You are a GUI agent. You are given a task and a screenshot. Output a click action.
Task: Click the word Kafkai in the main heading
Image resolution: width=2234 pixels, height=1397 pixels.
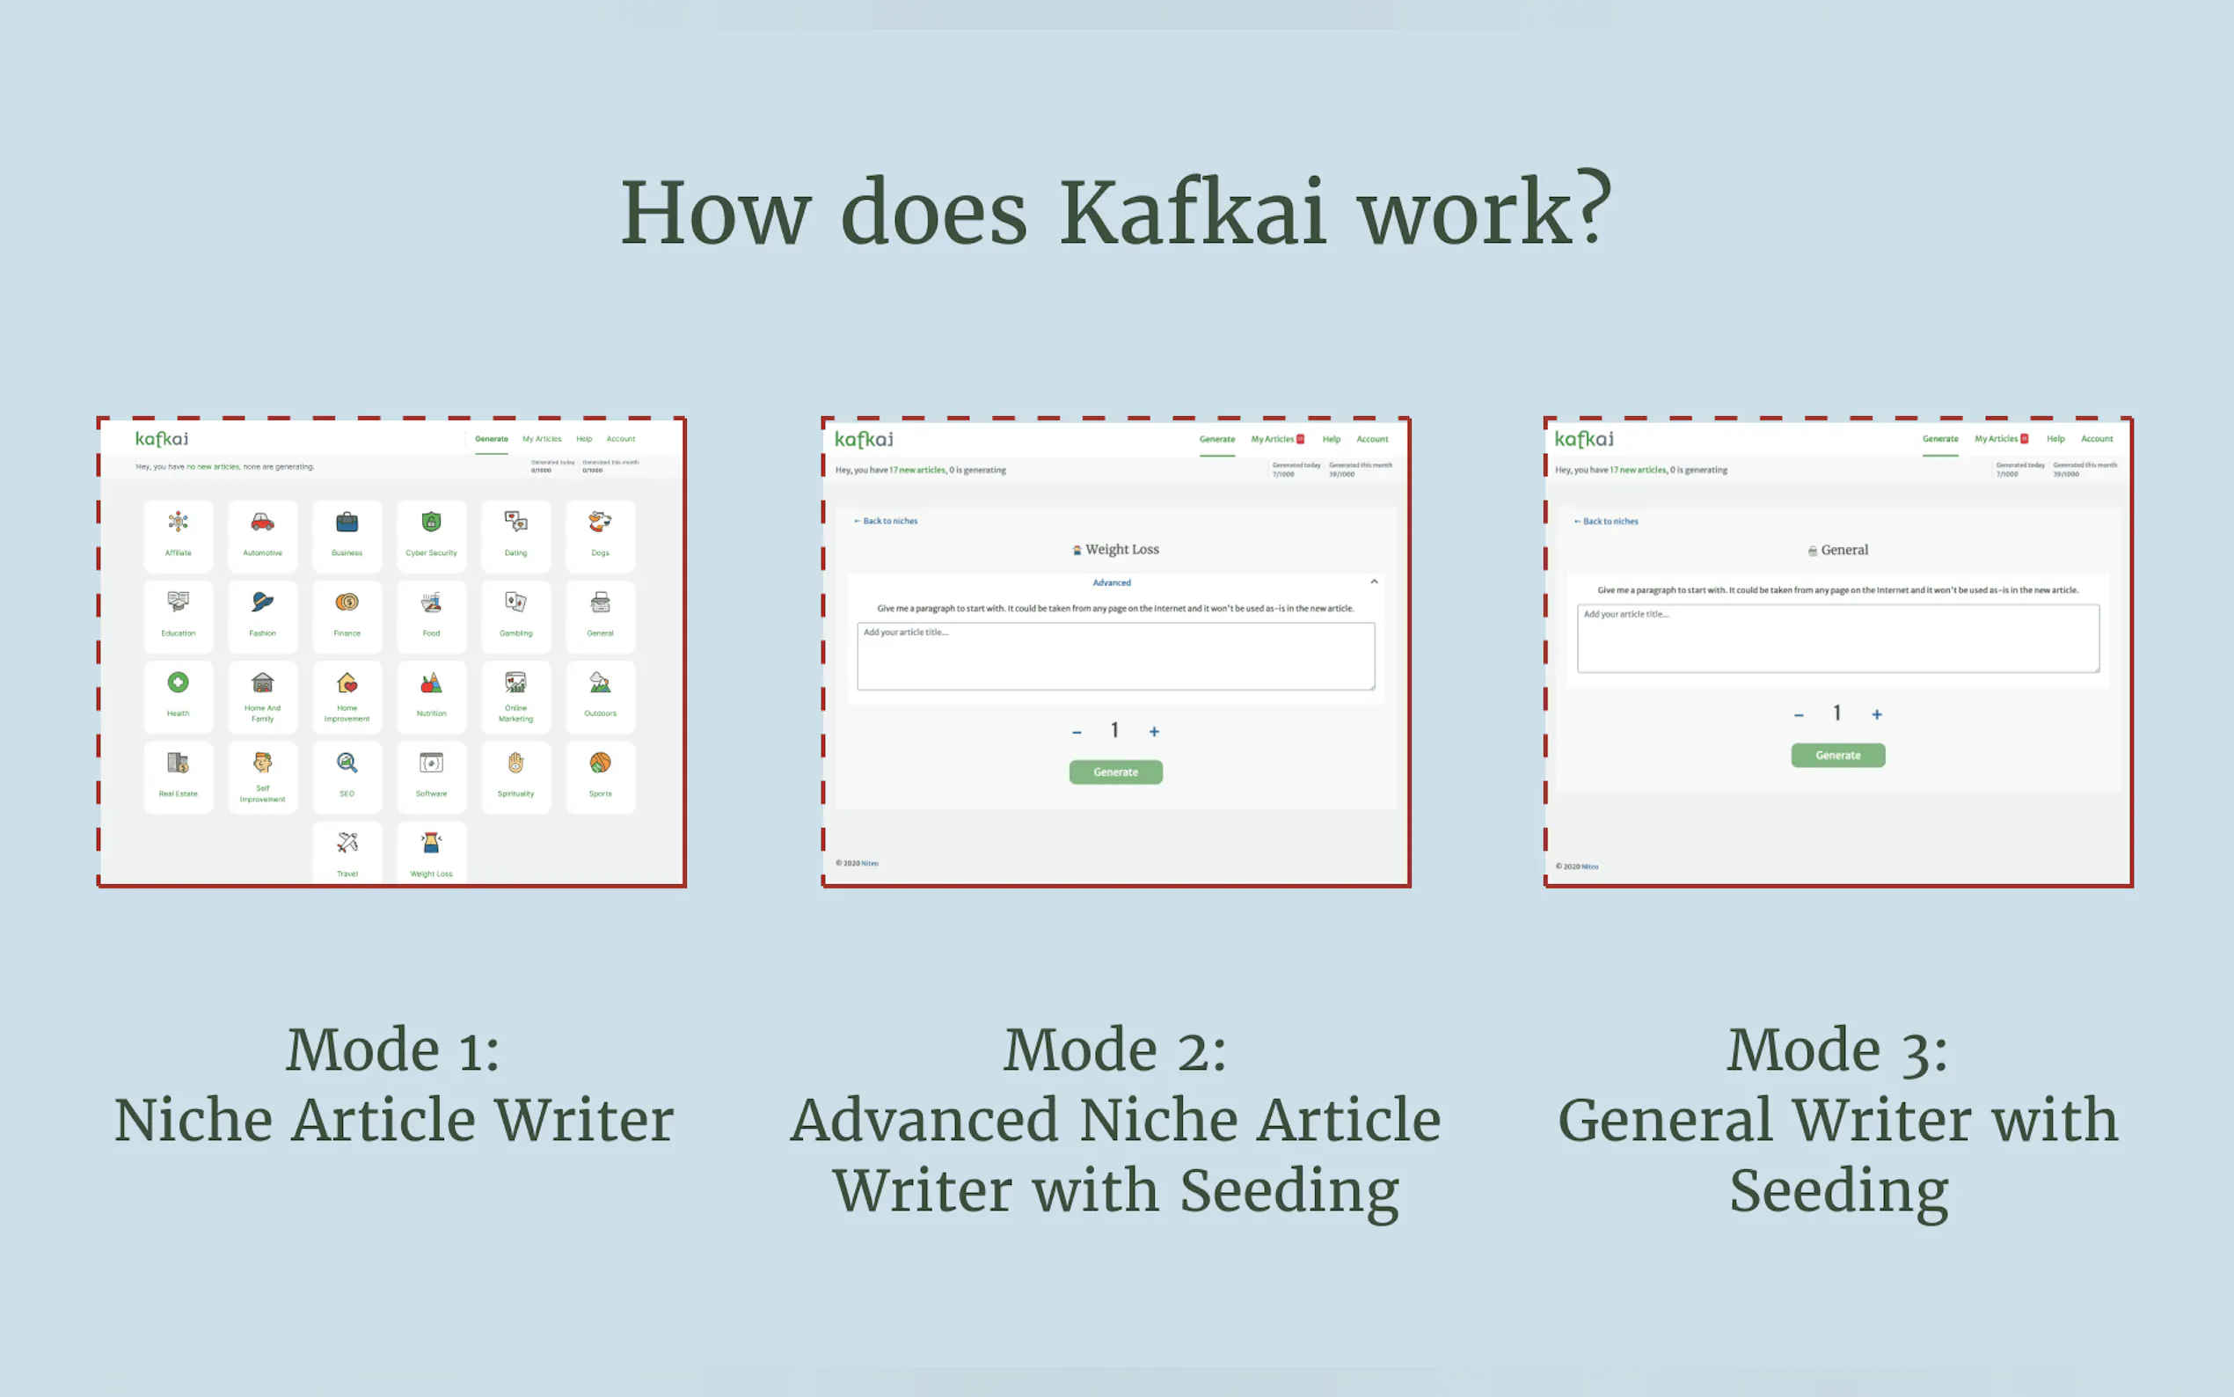(x=1192, y=215)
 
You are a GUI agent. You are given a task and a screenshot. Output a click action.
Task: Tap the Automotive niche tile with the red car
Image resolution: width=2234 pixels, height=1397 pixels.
(x=262, y=535)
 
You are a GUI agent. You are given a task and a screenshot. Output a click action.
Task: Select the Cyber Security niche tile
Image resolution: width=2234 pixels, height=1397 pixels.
(x=431, y=535)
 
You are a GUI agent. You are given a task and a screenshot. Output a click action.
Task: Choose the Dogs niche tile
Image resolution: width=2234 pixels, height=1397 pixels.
(x=601, y=535)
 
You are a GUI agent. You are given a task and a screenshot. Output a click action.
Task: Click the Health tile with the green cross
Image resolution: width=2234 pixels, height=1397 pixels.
(x=179, y=695)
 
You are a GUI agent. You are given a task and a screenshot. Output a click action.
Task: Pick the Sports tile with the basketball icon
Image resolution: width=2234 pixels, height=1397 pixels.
(x=601, y=775)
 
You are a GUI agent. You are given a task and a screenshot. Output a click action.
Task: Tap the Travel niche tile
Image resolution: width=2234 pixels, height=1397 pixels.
(x=347, y=853)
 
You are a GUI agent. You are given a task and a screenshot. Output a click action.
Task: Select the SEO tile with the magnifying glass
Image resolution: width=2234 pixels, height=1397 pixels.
(x=347, y=775)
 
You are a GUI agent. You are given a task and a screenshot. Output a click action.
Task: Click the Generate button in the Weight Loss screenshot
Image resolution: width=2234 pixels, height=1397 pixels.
(x=1115, y=772)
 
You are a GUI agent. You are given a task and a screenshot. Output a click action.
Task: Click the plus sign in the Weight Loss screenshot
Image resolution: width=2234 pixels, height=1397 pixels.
(x=1153, y=732)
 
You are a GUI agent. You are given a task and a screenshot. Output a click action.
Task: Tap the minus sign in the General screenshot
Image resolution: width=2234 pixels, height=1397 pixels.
(x=1798, y=715)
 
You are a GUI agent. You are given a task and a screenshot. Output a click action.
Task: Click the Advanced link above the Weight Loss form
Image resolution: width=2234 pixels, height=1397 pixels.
(x=1111, y=582)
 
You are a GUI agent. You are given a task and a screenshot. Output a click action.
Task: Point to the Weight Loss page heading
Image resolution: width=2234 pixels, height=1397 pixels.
(x=1121, y=550)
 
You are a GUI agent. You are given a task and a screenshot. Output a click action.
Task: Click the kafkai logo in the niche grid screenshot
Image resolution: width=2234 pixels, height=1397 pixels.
(x=162, y=439)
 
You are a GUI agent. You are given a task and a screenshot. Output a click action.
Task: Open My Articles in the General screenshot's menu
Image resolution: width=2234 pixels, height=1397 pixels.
(x=1996, y=439)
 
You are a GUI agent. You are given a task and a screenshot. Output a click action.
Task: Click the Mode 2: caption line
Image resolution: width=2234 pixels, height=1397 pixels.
(x=1114, y=1050)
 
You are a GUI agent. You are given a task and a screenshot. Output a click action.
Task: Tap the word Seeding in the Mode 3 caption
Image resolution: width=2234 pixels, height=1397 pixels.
(x=1838, y=1191)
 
